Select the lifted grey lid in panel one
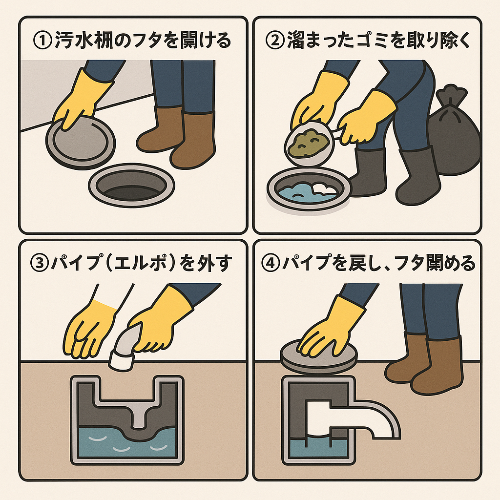tap(81, 142)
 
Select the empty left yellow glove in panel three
tap(90, 325)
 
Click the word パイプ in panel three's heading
tap(73, 264)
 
